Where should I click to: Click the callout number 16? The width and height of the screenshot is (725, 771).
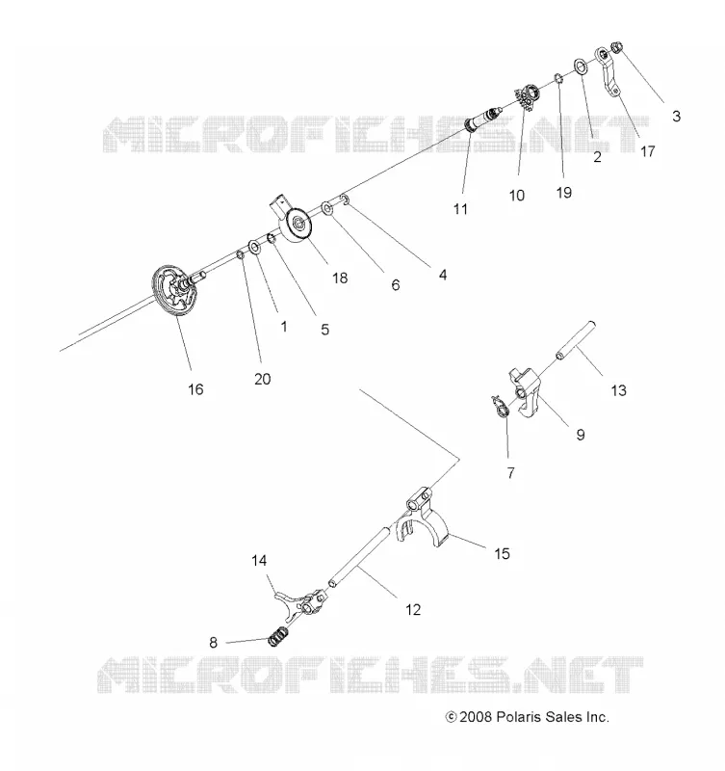[195, 389]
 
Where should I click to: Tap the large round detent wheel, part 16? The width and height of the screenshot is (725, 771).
[174, 292]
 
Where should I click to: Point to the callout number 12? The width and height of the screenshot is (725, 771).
[413, 610]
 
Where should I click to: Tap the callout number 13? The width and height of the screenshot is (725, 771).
[618, 390]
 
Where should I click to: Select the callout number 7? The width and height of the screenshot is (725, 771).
[511, 473]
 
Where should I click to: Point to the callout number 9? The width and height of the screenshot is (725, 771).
[581, 435]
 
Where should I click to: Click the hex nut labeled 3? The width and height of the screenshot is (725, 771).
[617, 47]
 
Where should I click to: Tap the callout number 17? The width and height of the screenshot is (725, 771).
[647, 151]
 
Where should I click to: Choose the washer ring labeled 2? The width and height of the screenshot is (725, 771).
[581, 66]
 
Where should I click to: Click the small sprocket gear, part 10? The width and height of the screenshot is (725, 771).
[528, 95]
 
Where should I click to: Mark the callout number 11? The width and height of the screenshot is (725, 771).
[460, 209]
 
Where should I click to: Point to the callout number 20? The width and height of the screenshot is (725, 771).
[262, 379]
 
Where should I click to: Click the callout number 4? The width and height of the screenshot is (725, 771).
[443, 275]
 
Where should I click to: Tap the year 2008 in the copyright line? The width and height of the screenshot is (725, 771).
[476, 717]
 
